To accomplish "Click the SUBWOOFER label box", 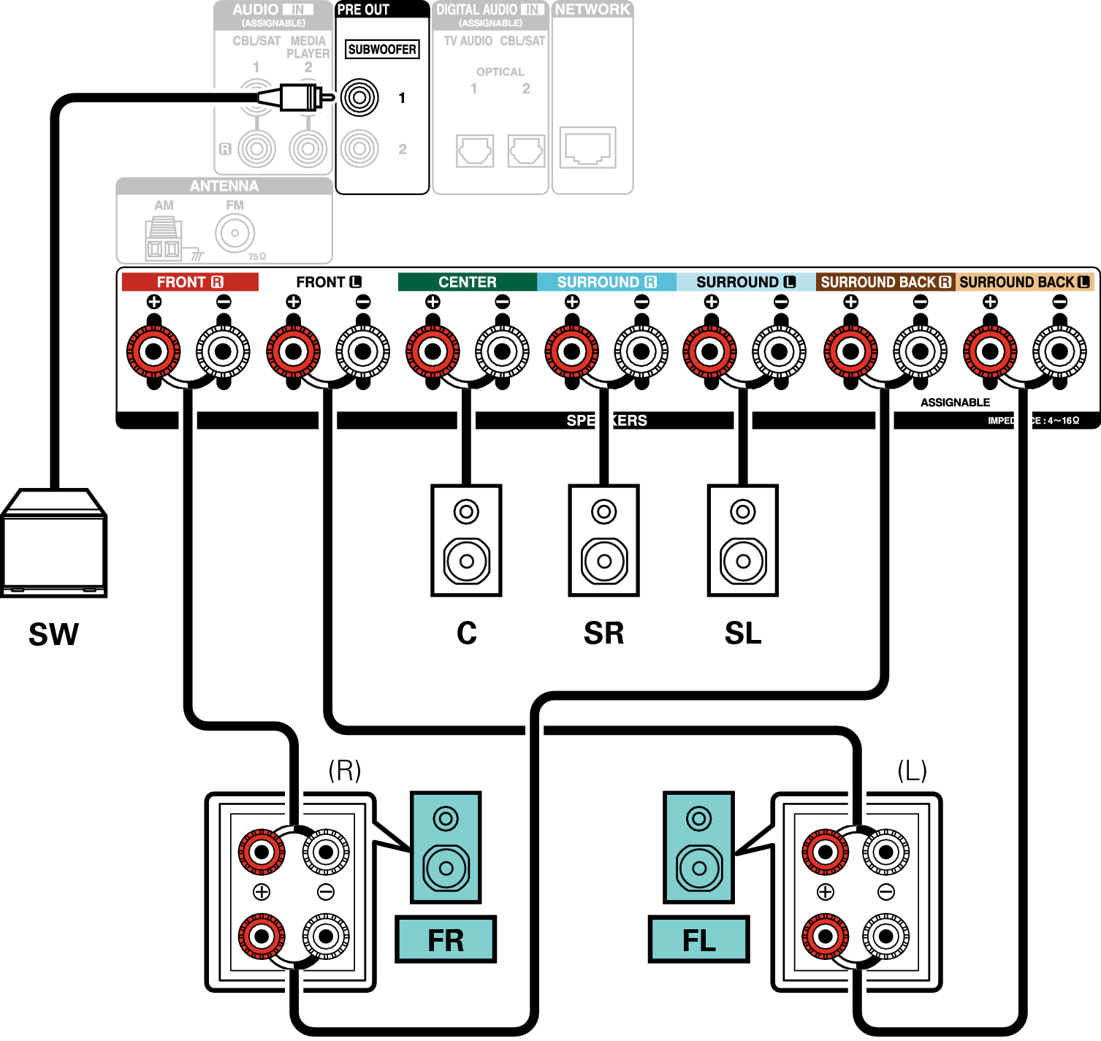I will [x=382, y=50].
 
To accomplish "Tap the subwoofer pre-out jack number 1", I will [x=359, y=97].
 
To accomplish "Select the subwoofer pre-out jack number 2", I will [x=359, y=148].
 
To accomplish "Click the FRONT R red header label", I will [x=190, y=282].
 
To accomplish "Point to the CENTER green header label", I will [x=467, y=282].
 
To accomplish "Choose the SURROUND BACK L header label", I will [x=1024, y=282].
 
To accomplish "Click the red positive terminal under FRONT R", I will [x=153, y=351].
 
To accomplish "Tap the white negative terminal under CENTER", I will [x=502, y=351].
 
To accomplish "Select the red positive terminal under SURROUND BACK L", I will [x=990, y=351].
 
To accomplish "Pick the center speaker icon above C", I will [x=466, y=541].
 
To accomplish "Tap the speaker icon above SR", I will [x=604, y=541].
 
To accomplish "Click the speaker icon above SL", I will [x=743, y=541].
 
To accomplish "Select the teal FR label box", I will [x=446, y=939].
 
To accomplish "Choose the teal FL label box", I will [x=698, y=939].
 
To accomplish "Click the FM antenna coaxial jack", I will [x=235, y=234].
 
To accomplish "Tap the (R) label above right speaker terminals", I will [x=344, y=770].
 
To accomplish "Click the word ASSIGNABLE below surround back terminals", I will [x=955, y=403].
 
